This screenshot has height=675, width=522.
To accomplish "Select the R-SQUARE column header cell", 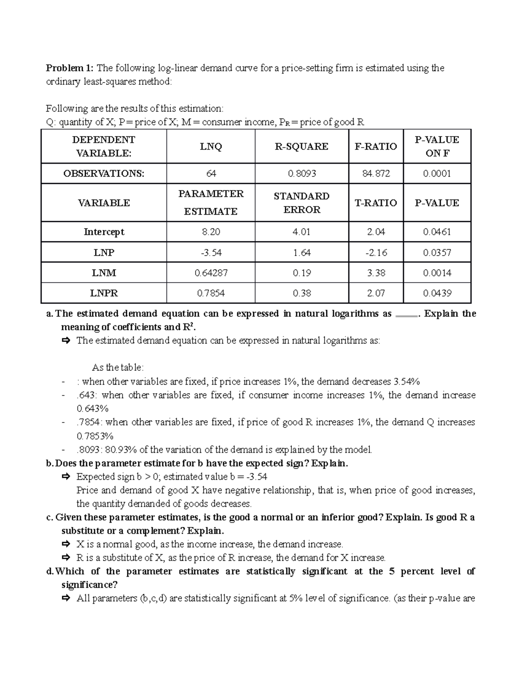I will (301, 146).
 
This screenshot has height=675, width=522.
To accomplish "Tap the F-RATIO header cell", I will (376, 146).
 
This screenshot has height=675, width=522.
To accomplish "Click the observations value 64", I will (211, 173).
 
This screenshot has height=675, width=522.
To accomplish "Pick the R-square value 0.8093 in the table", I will (301, 173).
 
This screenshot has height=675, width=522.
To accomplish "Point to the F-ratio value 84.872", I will (376, 173).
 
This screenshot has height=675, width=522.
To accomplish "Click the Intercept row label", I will (104, 232).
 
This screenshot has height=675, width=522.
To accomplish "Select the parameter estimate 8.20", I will (211, 232).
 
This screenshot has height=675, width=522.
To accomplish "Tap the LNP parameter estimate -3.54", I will (211, 253).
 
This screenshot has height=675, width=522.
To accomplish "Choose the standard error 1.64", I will (301, 253).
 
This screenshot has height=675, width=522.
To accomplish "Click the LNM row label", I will (104, 273).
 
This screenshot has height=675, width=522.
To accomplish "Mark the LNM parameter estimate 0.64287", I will (211, 273).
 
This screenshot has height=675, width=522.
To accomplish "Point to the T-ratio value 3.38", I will (376, 273).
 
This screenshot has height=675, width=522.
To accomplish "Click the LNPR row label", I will (104, 293).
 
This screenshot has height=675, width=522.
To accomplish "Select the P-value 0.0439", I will (437, 293).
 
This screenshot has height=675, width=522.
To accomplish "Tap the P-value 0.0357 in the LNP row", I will (437, 253).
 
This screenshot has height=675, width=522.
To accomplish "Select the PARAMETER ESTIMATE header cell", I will (211, 203).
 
